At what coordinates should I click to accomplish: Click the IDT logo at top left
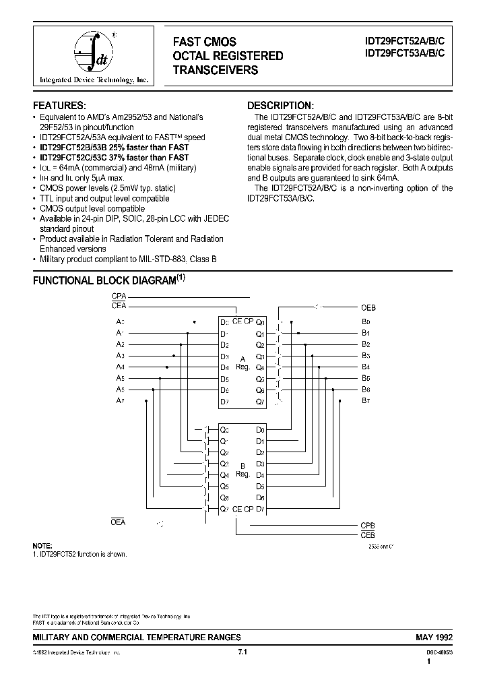(x=92, y=57)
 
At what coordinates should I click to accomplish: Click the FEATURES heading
(x=60, y=106)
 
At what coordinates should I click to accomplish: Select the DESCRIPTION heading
(x=280, y=106)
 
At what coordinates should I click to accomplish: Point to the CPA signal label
(x=119, y=297)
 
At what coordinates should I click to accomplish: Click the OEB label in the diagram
(x=368, y=307)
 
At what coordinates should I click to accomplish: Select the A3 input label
(x=120, y=355)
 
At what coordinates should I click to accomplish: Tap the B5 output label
(x=366, y=378)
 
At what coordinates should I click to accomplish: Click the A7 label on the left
(x=120, y=401)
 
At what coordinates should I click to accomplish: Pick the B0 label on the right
(x=366, y=321)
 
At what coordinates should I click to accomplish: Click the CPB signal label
(x=367, y=525)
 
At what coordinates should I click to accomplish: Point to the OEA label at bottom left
(x=118, y=522)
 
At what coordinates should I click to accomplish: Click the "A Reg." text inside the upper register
(x=243, y=363)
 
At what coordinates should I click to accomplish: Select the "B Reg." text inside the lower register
(x=243, y=470)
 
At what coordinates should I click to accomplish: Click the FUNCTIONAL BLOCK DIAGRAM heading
(x=104, y=281)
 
